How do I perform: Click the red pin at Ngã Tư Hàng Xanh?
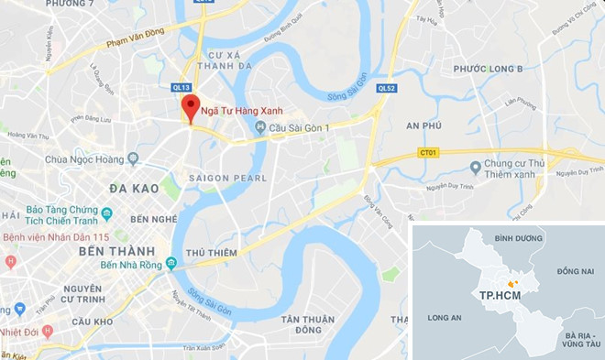point(190,105)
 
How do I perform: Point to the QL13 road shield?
point(181,87)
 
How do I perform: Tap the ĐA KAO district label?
point(136,188)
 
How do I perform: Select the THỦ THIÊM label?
point(211,252)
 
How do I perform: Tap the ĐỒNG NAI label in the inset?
point(575,271)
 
